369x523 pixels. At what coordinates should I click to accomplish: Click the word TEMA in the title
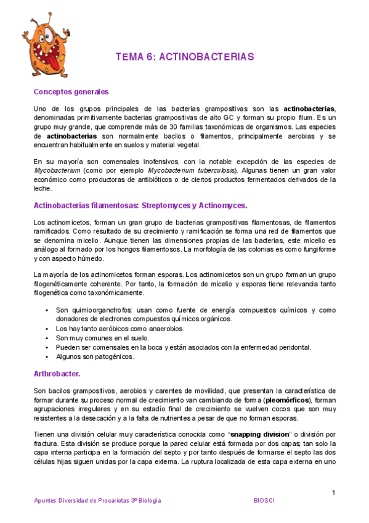129,57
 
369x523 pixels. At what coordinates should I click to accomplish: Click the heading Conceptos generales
71,92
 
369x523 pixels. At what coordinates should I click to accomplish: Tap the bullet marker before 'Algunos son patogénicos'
47,356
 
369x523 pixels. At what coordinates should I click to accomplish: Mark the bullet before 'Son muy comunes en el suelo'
47,338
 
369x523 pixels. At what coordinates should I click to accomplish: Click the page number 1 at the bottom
333,492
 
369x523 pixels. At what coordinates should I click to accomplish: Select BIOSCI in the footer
264,500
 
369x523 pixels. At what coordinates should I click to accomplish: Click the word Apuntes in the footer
46,500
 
